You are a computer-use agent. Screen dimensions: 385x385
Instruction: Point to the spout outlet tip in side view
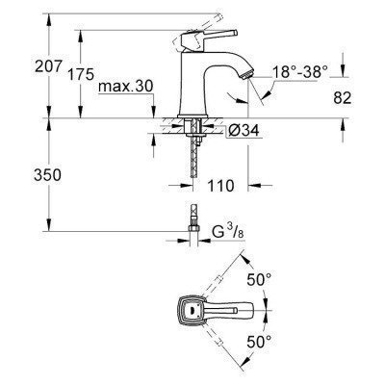[x=247, y=74]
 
